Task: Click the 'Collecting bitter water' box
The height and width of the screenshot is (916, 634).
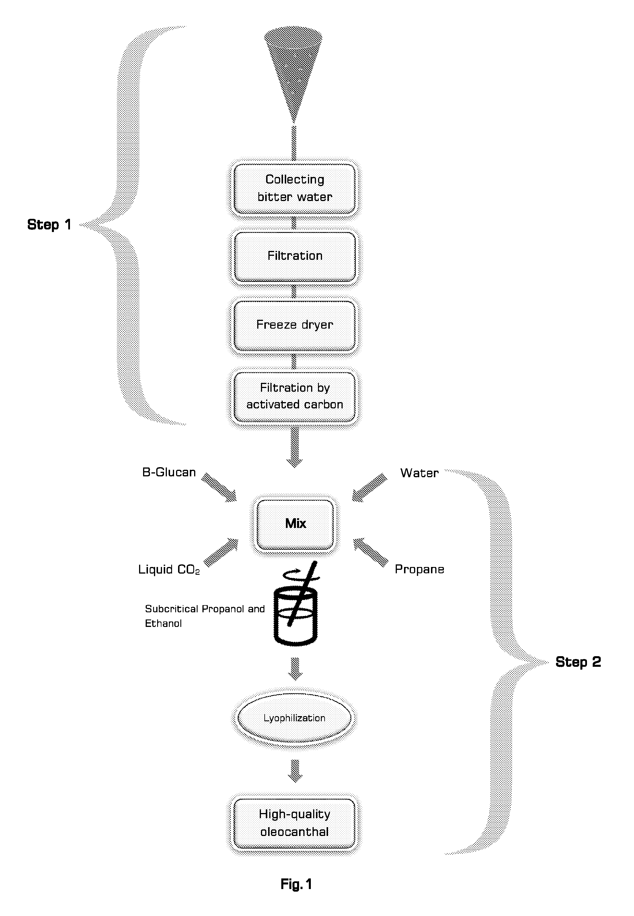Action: pos(294,188)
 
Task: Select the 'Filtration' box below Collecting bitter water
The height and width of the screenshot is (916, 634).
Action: pos(294,257)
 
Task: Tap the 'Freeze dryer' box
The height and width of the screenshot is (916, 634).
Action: pos(294,325)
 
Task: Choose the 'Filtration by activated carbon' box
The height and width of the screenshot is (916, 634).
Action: pos(294,396)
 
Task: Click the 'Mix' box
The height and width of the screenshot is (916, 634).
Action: pos(295,524)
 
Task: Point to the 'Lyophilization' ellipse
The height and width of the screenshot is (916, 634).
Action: pos(294,718)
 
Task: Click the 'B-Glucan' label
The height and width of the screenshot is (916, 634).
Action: pos(169,472)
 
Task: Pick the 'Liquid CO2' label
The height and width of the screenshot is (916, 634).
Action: pos(169,570)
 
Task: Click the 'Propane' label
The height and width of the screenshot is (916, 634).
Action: pos(420,569)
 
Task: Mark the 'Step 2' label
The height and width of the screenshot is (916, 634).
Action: pos(578,662)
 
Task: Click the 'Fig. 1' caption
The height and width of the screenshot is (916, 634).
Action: pos(296,884)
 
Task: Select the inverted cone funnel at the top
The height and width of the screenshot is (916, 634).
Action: pos(293,73)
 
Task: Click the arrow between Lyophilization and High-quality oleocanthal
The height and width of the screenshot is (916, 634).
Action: pos(295,771)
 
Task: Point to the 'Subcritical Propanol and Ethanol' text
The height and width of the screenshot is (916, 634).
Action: pos(204,616)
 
